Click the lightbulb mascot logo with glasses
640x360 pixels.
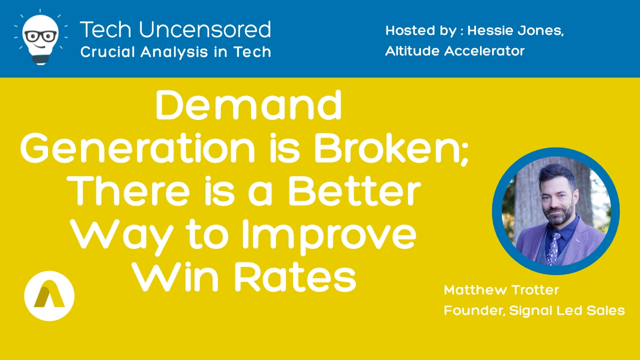click(41, 37)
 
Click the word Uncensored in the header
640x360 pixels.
click(205, 29)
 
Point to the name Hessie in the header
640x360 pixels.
click(489, 30)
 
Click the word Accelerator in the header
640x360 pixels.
click(484, 51)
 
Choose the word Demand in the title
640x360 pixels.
click(248, 105)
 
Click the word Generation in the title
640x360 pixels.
click(137, 148)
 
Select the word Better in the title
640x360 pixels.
click(354, 190)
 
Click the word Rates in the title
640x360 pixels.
click(295, 277)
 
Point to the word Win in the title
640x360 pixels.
click(175, 277)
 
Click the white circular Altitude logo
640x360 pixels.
click(49, 295)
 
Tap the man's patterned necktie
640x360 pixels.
click(553, 248)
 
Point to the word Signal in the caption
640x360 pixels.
click(530, 311)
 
